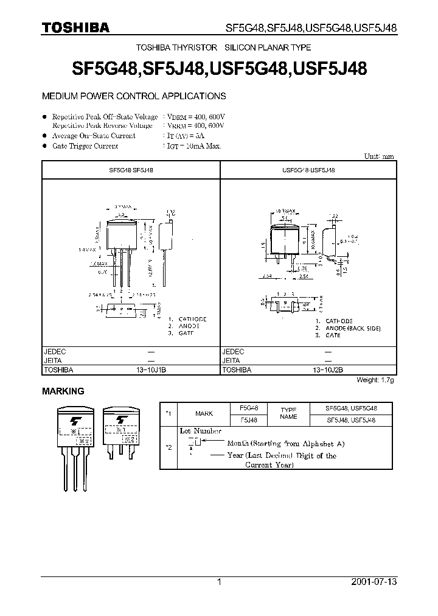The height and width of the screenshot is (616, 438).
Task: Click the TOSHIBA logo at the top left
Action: click(x=75, y=27)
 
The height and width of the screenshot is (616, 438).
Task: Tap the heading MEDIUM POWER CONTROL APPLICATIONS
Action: click(x=133, y=96)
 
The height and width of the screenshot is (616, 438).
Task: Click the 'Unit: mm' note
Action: click(x=378, y=156)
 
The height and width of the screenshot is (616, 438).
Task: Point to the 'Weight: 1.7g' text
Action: click(x=375, y=380)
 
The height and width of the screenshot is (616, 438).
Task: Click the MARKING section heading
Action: click(x=63, y=391)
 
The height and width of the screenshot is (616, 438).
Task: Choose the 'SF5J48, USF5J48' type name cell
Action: click(x=351, y=419)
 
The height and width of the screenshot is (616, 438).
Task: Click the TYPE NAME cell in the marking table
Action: click(x=288, y=413)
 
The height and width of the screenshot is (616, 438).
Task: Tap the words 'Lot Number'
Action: click(x=200, y=431)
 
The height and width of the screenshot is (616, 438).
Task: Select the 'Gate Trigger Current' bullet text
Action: click(x=85, y=146)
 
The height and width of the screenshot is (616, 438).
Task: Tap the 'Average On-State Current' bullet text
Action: click(x=94, y=136)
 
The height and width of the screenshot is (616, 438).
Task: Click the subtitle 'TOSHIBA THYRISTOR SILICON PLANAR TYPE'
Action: click(x=224, y=47)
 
